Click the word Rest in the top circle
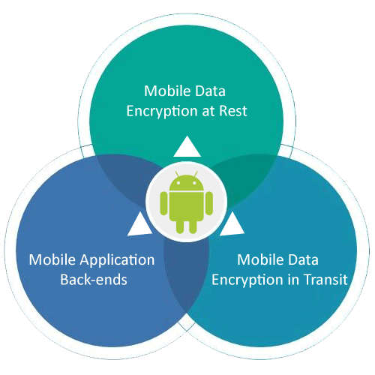233,111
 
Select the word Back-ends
94,279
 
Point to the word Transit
325,279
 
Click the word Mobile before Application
52,259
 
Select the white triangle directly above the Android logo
187,148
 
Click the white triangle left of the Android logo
140,224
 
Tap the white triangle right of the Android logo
232,224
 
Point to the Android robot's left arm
163,203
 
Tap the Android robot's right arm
209,203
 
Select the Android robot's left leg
180,226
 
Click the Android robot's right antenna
196,174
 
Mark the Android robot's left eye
178,183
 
